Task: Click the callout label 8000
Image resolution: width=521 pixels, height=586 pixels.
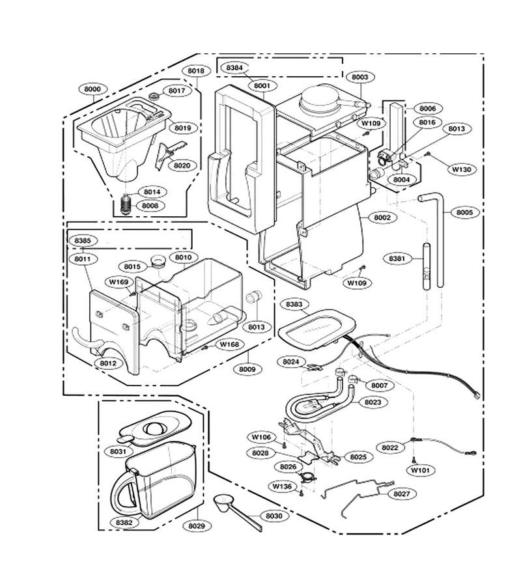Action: (92, 89)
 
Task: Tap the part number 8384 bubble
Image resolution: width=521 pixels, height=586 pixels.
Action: (234, 68)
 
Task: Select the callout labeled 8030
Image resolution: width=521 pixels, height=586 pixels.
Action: (274, 516)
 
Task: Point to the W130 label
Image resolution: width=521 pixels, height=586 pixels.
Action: (462, 169)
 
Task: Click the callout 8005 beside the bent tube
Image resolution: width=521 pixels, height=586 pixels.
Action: (464, 212)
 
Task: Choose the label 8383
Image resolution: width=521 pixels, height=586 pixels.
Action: (294, 304)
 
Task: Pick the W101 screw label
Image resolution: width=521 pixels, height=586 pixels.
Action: (421, 470)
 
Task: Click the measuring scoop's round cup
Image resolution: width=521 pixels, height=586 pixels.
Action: (225, 501)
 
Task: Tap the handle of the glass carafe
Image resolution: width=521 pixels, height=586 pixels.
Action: (123, 494)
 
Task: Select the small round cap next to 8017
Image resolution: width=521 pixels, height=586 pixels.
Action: (154, 96)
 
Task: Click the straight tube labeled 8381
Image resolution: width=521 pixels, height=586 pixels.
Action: (427, 266)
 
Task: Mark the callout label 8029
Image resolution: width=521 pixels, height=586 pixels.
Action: (197, 526)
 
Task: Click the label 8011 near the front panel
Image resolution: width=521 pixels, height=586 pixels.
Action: (83, 258)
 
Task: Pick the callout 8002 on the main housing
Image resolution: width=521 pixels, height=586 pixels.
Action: (382, 217)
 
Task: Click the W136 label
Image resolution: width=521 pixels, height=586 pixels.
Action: (282, 486)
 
